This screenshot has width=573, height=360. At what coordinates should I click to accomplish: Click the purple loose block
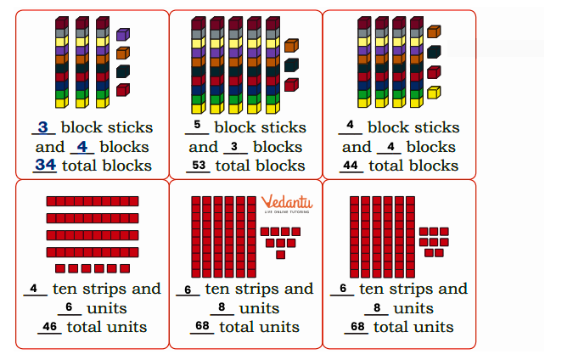[123, 34]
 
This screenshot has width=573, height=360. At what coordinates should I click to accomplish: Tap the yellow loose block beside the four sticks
[434, 93]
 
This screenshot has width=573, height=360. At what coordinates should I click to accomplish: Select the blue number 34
[46, 165]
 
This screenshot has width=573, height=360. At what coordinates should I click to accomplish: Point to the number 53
[199, 166]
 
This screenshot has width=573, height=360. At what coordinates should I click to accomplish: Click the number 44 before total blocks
[351, 166]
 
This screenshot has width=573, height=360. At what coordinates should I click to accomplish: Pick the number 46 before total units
[50, 326]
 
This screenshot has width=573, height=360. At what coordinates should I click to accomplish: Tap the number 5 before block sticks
[197, 125]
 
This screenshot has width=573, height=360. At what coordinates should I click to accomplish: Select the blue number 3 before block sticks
[43, 127]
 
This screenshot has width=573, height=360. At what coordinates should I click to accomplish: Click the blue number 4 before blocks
[82, 147]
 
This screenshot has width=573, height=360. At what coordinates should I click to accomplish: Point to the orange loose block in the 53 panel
[292, 45]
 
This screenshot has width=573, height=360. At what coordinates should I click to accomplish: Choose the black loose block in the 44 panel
[434, 52]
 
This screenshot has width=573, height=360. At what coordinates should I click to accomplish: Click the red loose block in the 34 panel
[123, 90]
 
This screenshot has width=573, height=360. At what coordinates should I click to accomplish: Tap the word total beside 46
[85, 327]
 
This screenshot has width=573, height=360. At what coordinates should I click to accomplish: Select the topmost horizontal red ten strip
[93, 201]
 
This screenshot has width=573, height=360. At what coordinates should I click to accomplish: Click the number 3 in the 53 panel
[234, 147]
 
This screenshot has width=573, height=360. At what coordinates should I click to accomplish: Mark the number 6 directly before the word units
[69, 307]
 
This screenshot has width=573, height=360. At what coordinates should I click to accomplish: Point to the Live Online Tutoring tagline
[287, 211]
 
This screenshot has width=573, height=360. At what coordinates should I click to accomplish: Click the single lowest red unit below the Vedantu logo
[281, 255]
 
